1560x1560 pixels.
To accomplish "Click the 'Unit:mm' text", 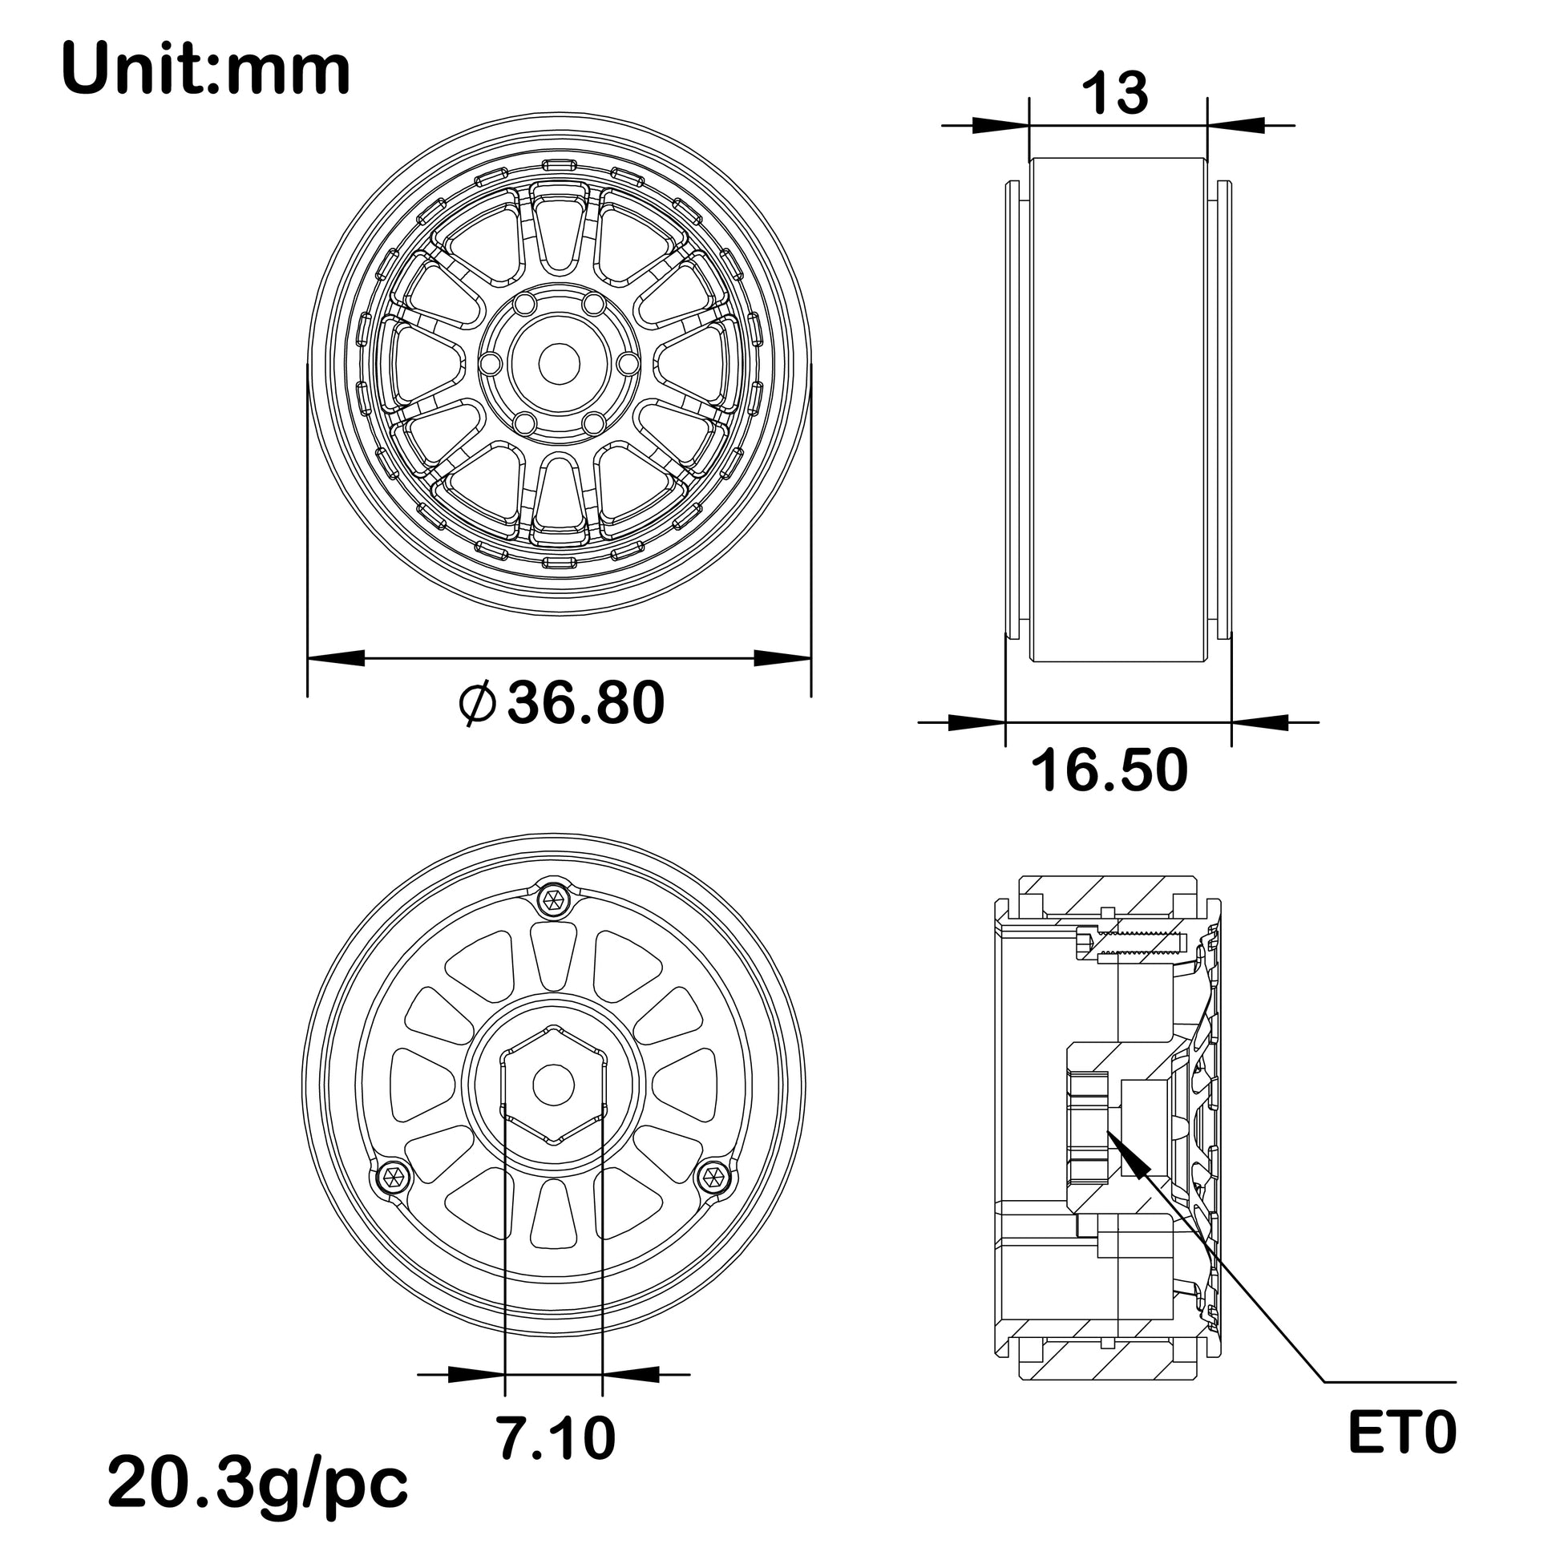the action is click(x=205, y=71).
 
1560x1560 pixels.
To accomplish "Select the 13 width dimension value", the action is click(x=1114, y=93).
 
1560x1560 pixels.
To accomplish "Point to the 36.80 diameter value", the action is click(x=585, y=702).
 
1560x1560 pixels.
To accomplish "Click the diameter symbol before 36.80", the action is click(x=476, y=703).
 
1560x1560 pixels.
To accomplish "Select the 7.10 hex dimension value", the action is click(x=556, y=1438).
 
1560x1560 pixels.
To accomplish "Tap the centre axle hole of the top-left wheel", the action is click(x=559, y=364).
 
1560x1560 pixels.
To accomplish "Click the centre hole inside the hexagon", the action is click(x=554, y=1085).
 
